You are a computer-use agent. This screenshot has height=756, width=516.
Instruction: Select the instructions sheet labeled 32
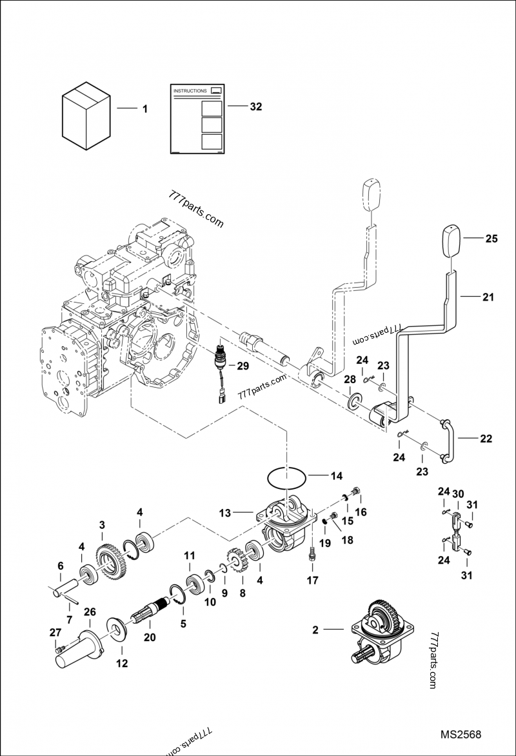pyautogui.click(x=197, y=119)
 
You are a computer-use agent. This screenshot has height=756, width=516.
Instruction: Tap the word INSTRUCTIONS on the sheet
pyautogui.click(x=190, y=92)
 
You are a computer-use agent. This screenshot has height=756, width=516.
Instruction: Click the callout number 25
pyautogui.click(x=491, y=238)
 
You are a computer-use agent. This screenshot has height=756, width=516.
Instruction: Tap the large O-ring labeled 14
pyautogui.click(x=288, y=478)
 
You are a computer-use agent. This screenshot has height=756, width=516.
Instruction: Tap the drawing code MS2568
pyautogui.click(x=461, y=735)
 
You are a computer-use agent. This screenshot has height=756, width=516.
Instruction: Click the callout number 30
pyautogui.click(x=457, y=493)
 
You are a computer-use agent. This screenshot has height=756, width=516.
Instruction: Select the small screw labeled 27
pyautogui.click(x=60, y=649)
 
